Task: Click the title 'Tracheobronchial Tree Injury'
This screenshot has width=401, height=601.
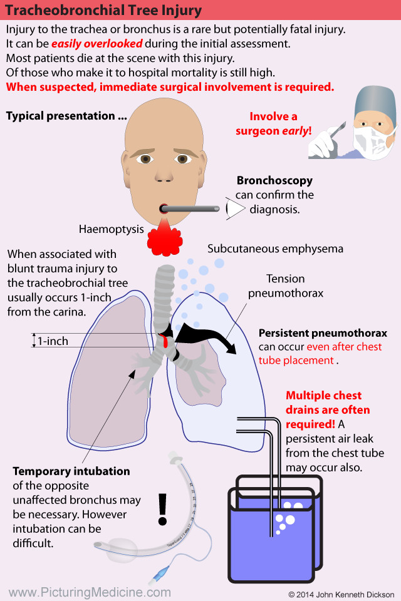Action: pos(104,10)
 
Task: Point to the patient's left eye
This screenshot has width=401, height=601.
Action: pos(183,159)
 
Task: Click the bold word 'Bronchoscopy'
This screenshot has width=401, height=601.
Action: pos(274,181)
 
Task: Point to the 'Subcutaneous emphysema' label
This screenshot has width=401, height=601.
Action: pos(275,249)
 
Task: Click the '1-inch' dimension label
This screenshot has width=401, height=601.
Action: pos(53,341)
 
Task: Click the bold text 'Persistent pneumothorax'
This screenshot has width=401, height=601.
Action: pos(323,333)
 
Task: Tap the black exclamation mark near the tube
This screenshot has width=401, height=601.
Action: pos(164,508)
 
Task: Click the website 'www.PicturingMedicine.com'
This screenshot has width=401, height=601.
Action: pos(90,592)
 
